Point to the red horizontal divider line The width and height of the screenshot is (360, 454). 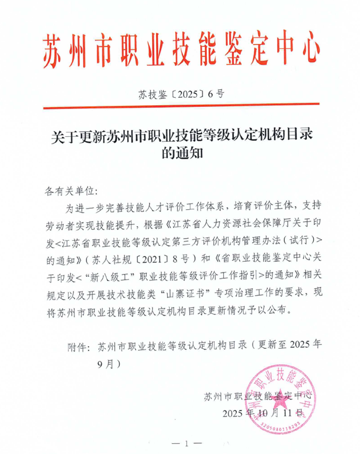point(180,105)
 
